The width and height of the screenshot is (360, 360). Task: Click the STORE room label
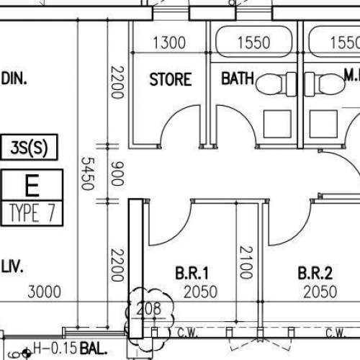click(x=170, y=79)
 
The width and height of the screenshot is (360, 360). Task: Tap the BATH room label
click(x=238, y=79)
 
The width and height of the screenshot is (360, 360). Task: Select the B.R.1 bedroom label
click(x=192, y=273)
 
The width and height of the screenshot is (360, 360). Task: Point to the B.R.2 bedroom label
click(x=315, y=273)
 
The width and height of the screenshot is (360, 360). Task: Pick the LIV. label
click(x=13, y=267)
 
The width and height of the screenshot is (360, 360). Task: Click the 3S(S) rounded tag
click(x=30, y=149)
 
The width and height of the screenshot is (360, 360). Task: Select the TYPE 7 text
click(x=32, y=213)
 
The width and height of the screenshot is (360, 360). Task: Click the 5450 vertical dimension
click(x=87, y=174)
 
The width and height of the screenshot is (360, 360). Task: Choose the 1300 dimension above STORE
click(x=170, y=44)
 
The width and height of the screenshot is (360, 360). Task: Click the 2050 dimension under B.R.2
click(x=320, y=292)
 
